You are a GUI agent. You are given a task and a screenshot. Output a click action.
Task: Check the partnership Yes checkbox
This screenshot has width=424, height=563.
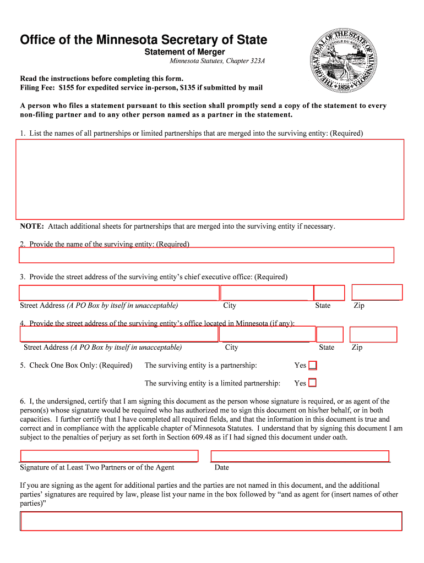coord(312,365)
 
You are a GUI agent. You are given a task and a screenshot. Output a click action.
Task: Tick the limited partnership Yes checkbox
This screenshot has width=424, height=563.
coord(312,383)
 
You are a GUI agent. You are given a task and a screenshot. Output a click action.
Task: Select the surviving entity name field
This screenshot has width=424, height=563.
coord(206,255)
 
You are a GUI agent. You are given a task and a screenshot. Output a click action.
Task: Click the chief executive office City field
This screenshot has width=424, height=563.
coord(266,293)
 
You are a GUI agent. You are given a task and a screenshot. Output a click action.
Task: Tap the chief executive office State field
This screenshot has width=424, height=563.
coord(329,293)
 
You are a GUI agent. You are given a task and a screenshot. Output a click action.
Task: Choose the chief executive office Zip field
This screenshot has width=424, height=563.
coord(377,292)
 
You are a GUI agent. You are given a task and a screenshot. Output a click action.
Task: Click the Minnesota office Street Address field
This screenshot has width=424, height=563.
coord(119,334)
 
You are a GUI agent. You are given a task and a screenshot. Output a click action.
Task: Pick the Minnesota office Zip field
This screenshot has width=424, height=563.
coord(373,334)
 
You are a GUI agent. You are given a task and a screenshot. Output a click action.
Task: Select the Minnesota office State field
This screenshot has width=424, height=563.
coord(330,334)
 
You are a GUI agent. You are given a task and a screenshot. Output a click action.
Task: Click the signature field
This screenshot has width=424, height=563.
coord(109,456)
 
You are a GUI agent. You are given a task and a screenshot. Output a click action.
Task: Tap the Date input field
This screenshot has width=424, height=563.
coord(300,456)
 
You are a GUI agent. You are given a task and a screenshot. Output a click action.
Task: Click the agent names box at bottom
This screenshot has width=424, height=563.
coord(211,521)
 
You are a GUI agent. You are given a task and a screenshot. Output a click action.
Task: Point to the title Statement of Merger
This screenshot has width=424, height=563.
coord(184,52)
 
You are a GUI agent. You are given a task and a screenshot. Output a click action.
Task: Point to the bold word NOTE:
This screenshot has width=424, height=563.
coord(32,227)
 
